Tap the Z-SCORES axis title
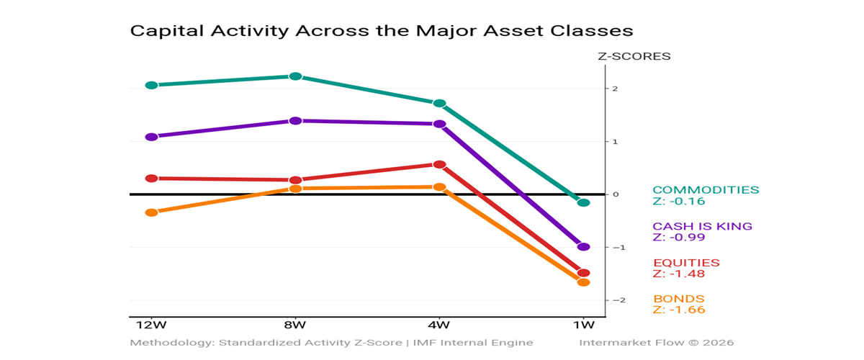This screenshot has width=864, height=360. [634, 56]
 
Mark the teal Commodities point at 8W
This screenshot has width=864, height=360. [295, 76]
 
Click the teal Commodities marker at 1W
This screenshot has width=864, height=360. [583, 202]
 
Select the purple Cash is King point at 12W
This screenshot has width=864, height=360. [151, 137]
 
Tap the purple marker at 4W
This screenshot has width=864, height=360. [439, 124]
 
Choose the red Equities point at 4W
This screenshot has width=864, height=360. [439, 164]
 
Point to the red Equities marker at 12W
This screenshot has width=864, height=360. [151, 178]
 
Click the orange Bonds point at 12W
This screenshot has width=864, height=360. [151, 212]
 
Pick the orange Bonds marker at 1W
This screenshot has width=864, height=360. [583, 282]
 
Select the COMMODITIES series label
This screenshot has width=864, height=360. [706, 190]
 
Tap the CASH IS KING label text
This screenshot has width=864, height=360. [702, 226]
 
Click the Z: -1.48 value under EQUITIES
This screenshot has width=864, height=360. [678, 274]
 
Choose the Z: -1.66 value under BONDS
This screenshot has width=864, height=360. [678, 310]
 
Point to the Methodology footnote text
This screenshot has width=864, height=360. [331, 343]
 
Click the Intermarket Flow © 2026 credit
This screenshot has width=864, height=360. [657, 343]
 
